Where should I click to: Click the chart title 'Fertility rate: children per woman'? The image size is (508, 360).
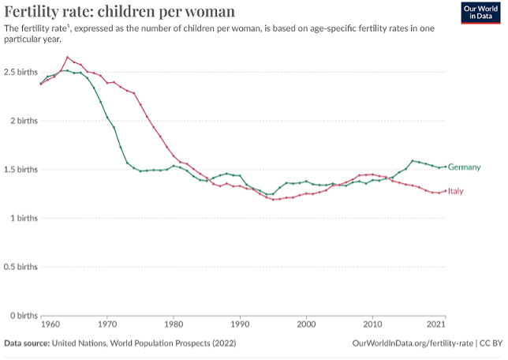[x=119, y=11]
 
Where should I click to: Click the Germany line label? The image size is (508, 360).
[x=465, y=167]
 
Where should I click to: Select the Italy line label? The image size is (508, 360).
[x=456, y=191]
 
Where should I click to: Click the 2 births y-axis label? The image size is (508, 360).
[x=22, y=121]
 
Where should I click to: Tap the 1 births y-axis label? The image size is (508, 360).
[x=22, y=218]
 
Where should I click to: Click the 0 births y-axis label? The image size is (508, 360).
[x=22, y=316]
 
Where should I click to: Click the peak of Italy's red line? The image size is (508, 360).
[x=67, y=57]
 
